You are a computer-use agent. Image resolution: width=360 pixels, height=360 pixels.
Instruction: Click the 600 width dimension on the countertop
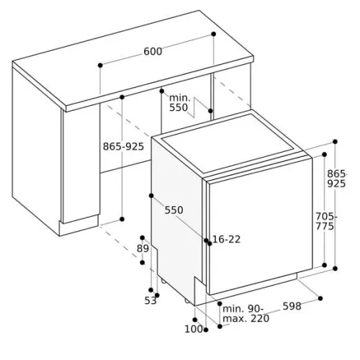click(153, 51)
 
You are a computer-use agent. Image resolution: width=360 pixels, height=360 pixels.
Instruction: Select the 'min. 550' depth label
click(179, 103)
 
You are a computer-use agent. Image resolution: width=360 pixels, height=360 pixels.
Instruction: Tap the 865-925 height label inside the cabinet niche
click(123, 146)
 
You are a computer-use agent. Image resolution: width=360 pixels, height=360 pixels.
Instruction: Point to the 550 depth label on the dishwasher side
click(174, 210)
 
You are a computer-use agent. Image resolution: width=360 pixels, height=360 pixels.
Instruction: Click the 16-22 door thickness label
click(227, 239)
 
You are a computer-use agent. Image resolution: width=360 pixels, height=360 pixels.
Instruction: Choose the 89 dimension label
click(143, 248)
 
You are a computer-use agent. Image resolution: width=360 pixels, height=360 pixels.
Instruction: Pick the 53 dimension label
click(150, 300)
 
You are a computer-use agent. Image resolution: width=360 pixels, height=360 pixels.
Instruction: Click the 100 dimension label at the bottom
click(194, 329)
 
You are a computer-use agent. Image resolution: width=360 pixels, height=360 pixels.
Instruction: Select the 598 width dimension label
click(292, 306)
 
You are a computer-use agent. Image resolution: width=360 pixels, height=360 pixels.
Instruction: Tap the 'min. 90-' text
click(243, 309)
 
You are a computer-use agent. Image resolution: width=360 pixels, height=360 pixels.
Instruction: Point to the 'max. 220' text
click(246, 319)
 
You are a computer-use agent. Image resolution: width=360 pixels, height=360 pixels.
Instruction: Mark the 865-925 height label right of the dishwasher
click(337, 179)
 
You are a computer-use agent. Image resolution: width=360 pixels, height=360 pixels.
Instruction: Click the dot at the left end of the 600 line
click(100, 65)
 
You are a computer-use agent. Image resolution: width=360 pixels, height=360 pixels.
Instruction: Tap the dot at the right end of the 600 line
click(213, 34)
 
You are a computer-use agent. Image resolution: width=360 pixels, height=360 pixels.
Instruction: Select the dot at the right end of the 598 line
click(320, 298)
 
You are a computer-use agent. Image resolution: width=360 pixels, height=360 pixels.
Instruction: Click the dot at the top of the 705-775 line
click(324, 154)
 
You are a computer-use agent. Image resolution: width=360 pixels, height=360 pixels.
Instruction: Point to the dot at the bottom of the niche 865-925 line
click(122, 219)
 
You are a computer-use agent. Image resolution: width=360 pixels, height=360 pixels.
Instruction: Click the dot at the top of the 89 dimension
click(143, 238)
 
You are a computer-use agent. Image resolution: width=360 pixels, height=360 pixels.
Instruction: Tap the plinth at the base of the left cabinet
click(78, 225)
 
